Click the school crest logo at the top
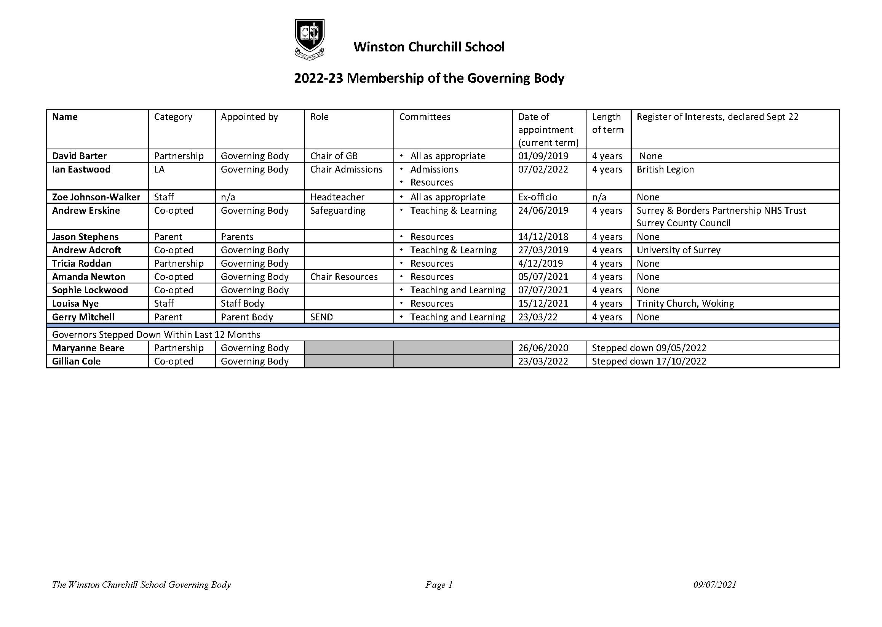pos(309,39)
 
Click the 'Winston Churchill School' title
pos(429,47)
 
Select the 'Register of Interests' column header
pos(717,117)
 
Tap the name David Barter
pos(79,156)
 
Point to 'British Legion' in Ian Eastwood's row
pos(665,169)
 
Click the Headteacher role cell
pos(337,197)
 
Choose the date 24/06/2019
pos(543,210)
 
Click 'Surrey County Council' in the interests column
pos(683,223)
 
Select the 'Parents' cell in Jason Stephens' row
pos(236,237)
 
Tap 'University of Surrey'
pos(678,250)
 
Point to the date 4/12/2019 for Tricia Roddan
pos(540,263)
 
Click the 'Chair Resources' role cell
pos(344,277)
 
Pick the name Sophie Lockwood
pos(90,290)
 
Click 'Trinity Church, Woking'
pos(685,304)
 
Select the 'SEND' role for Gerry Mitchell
pos(321,317)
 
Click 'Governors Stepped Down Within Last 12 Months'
pos(156,334)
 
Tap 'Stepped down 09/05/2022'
pos(649,348)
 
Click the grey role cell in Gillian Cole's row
pos(348,361)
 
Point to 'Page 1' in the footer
pos(438,585)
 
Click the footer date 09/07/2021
pos(714,585)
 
